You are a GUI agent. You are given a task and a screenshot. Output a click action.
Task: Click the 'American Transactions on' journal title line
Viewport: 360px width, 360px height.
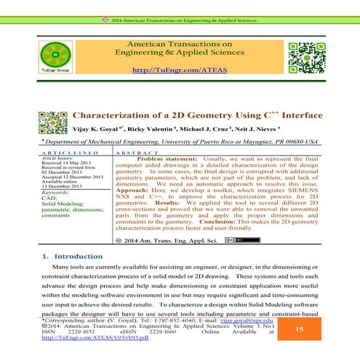click(175, 44)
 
